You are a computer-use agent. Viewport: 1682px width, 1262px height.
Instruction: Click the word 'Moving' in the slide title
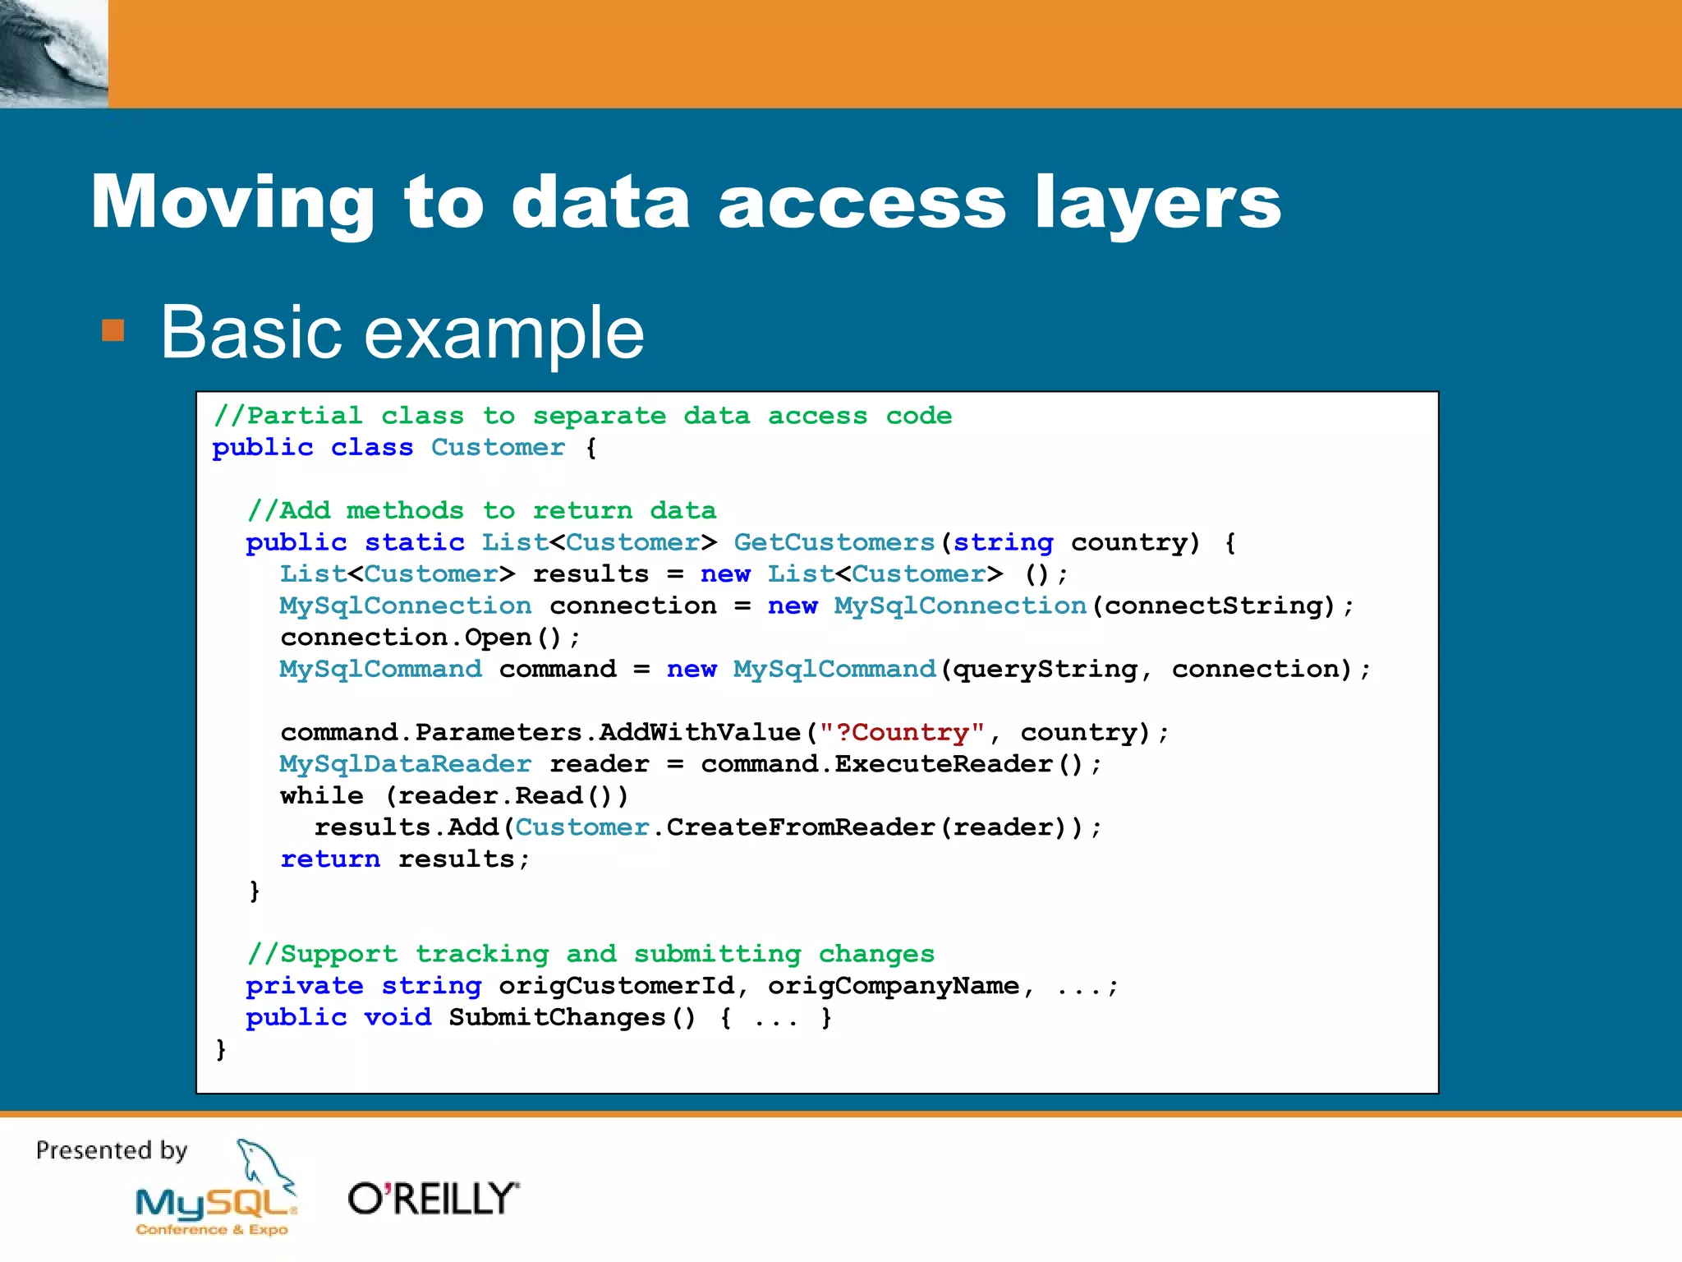[232, 203]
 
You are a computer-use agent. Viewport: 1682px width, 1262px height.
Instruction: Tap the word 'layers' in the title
[1157, 203]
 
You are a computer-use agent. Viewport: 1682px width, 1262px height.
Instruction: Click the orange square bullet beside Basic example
[113, 330]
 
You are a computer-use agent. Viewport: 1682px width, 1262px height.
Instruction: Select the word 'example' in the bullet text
[503, 333]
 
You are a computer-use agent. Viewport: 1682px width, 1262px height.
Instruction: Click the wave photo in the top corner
[53, 53]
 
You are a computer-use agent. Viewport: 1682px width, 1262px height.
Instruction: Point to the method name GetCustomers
[834, 542]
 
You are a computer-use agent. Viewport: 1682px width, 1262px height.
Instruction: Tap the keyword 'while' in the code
[321, 795]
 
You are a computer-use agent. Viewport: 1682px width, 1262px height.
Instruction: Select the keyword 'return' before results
[329, 859]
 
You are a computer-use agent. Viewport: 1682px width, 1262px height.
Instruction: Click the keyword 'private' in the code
[304, 985]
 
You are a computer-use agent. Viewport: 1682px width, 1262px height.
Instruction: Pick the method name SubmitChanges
[556, 1017]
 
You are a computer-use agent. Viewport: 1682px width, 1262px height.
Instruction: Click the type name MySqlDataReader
[405, 764]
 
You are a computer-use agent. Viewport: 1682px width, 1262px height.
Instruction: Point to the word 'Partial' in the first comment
[304, 416]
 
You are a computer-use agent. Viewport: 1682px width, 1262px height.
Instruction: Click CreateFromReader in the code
[800, 827]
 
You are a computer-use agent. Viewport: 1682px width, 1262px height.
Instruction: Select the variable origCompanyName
[893, 985]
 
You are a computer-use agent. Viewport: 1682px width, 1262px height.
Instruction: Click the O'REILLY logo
[434, 1199]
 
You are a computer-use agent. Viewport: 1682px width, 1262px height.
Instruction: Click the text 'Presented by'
[112, 1150]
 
